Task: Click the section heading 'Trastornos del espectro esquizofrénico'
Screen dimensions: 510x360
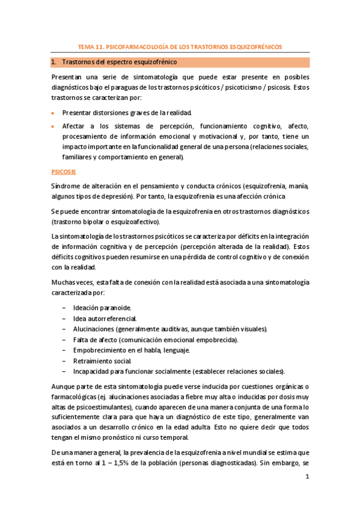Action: pos(118,62)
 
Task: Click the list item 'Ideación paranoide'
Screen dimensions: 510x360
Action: pos(101,307)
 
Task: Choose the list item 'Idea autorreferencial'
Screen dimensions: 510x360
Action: pos(105,318)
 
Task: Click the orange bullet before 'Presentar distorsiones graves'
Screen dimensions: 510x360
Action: pos(53,112)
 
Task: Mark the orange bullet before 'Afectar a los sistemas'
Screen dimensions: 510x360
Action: pos(53,126)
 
